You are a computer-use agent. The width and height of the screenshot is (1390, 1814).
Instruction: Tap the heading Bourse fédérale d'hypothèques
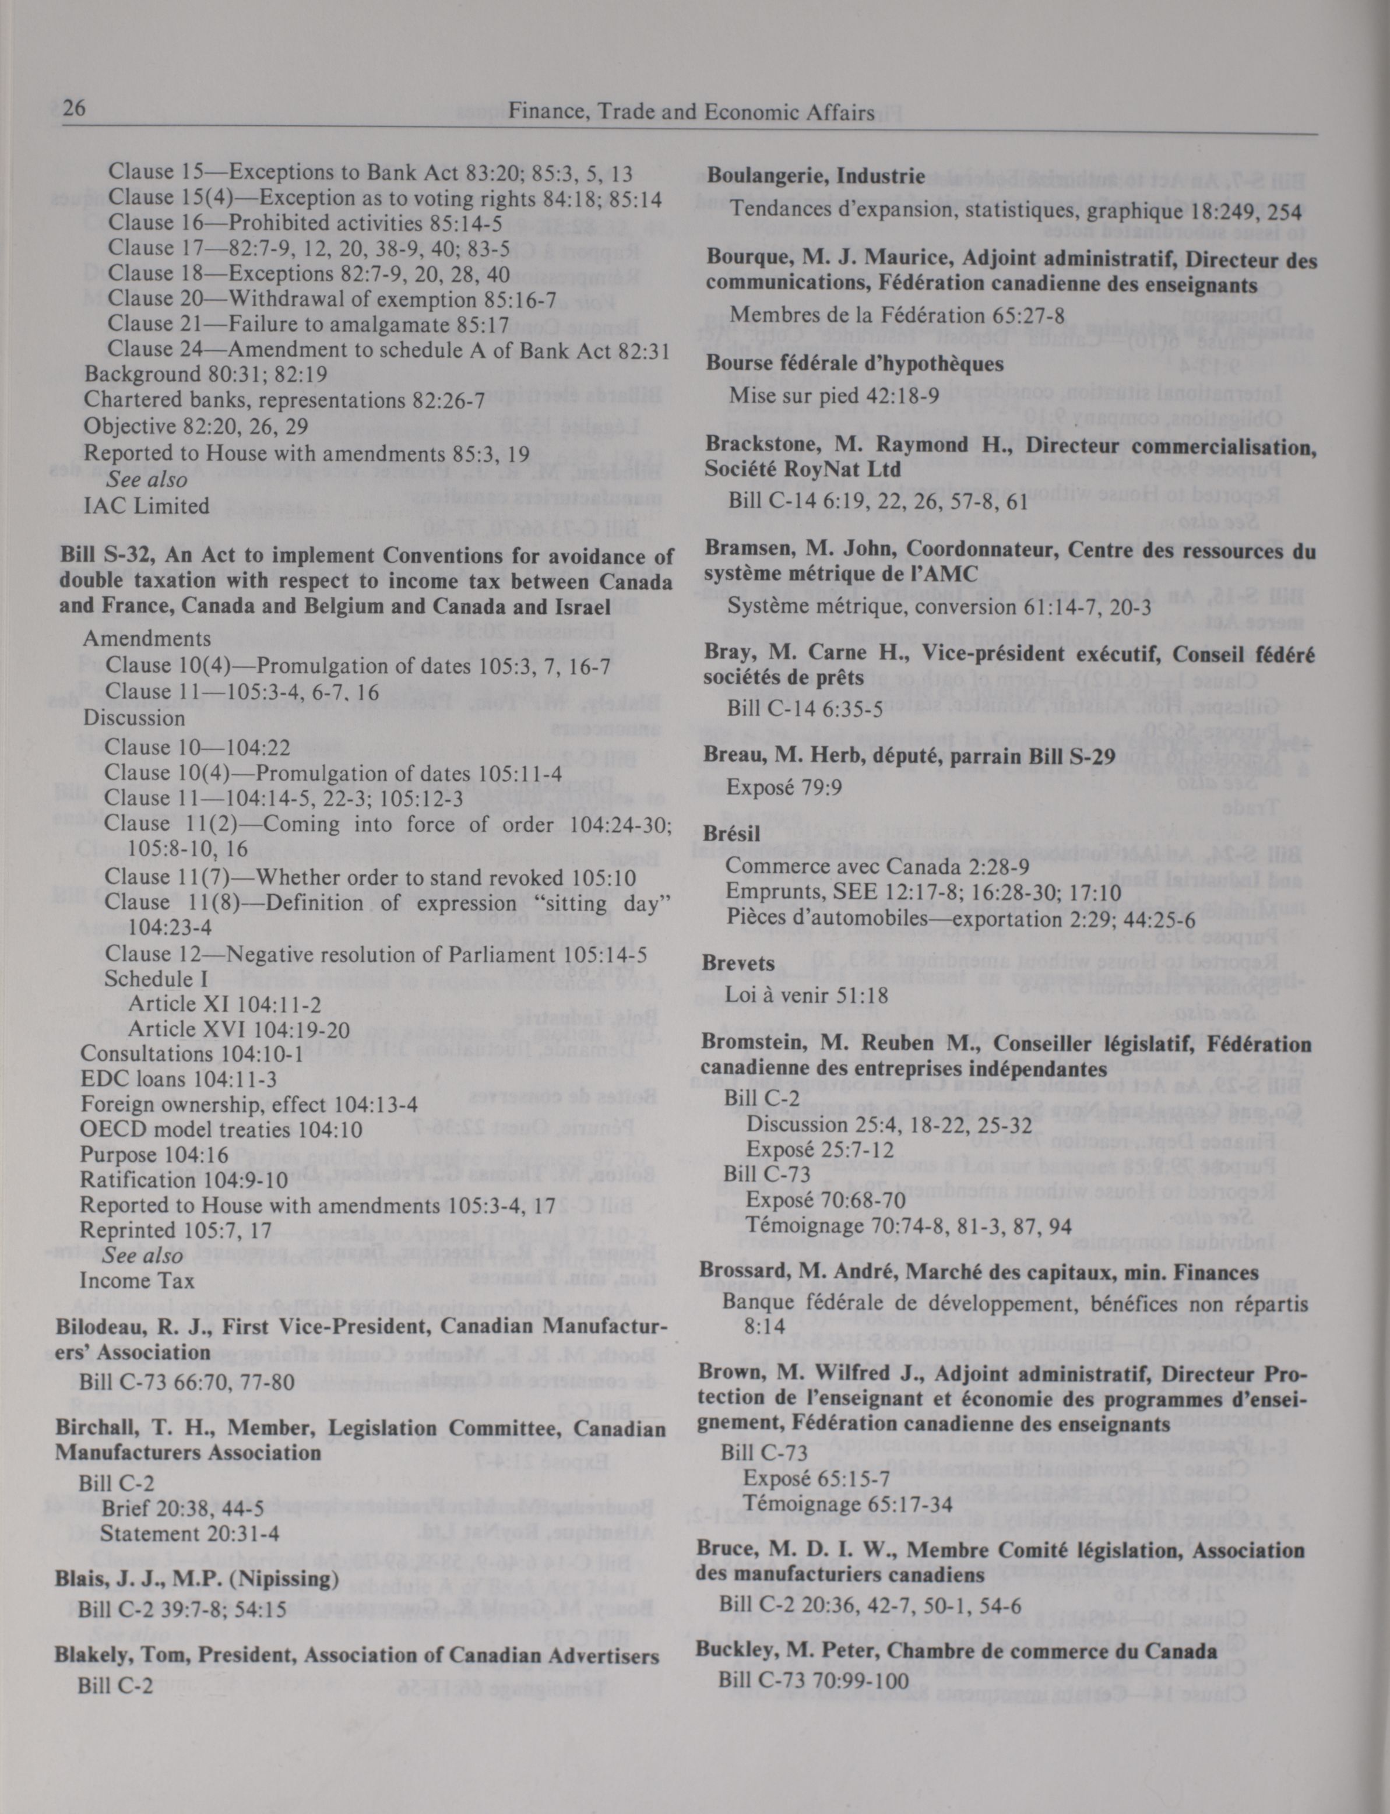coord(854,363)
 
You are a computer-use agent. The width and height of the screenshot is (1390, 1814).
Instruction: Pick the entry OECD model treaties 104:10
coord(185,1130)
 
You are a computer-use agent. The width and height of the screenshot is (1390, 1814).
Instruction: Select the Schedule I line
coord(156,979)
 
